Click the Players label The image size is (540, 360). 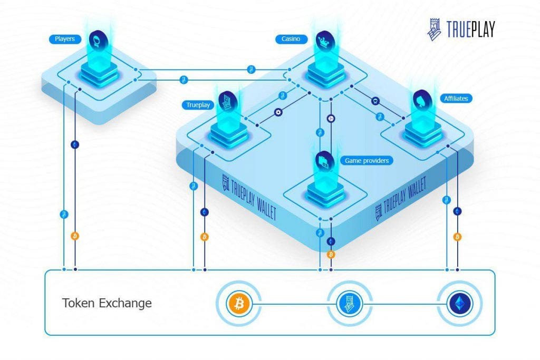pos(65,39)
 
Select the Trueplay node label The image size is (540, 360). pos(198,105)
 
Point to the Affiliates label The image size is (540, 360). pos(455,98)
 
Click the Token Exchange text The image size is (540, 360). pos(107,303)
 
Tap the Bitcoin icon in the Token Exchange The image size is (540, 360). pos(239,304)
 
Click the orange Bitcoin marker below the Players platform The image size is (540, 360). pos(75,235)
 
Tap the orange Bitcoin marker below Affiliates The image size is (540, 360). pos(457,237)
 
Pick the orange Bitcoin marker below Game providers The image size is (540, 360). pos(331,255)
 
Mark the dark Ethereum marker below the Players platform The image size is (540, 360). pos(75,144)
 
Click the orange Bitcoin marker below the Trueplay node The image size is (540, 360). pos(205,237)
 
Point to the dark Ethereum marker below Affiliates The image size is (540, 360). pos(457,211)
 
